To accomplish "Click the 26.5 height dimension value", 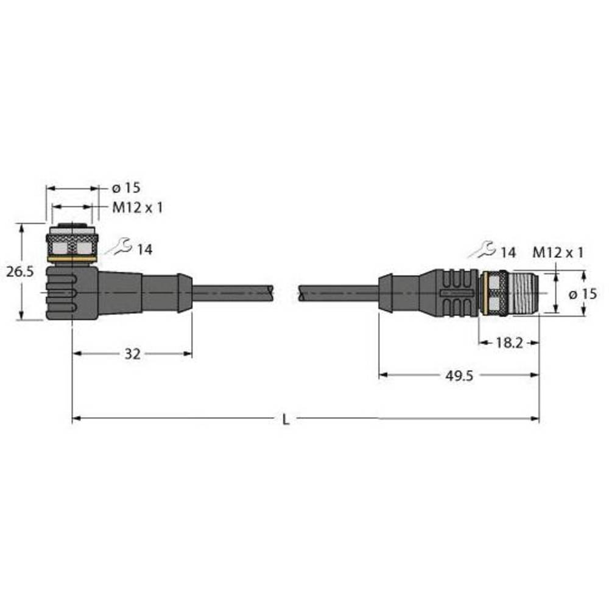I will (x=20, y=272).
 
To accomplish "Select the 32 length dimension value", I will (x=132, y=354).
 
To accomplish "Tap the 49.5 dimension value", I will (x=458, y=376).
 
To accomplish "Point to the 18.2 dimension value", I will (x=509, y=343).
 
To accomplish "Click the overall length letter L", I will (x=286, y=419).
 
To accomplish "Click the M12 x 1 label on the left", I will (x=137, y=208).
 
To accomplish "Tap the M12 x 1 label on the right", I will (x=558, y=252).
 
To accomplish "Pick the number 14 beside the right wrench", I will (x=507, y=252).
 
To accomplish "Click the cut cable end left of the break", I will (x=268, y=292).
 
